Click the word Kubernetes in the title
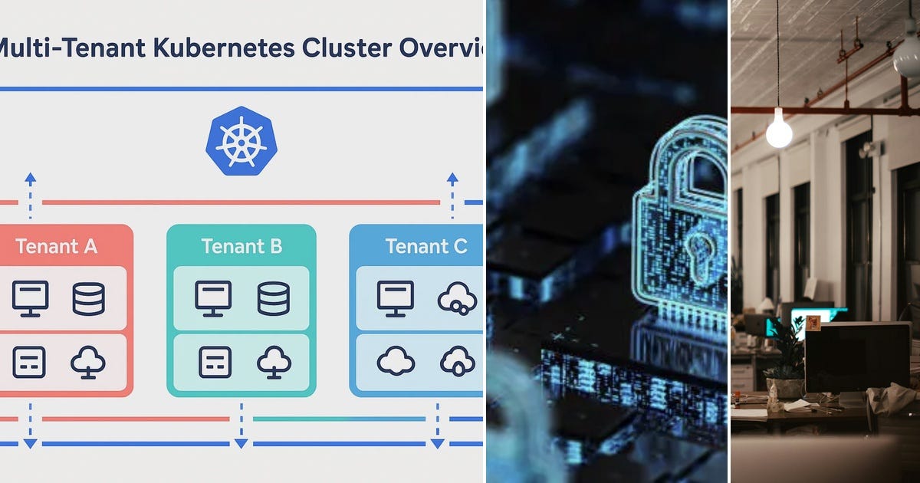pos(224,48)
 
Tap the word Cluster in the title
pos(347,48)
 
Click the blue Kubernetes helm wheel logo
pos(242,141)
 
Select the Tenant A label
pos(56,246)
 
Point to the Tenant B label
pos(242,246)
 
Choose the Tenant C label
pos(426,246)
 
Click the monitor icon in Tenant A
pos(31,298)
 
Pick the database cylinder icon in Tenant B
pos(274,298)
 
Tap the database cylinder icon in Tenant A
pos(88,298)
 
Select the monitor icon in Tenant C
pos(395,298)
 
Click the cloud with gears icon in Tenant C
pos(457,298)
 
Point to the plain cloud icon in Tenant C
pos(396,361)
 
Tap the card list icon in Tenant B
pos(215,362)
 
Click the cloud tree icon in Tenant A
pos(88,362)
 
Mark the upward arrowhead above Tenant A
pos(31,178)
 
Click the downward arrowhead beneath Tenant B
pos(241,444)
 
